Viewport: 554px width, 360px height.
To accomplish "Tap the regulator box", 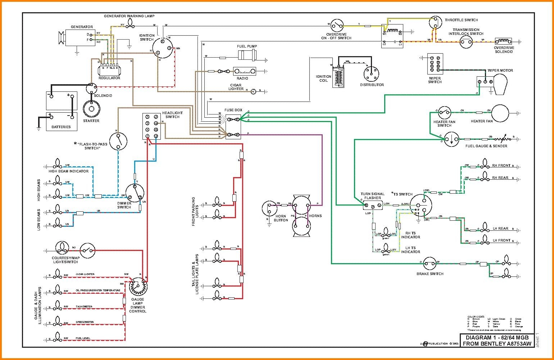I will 109,67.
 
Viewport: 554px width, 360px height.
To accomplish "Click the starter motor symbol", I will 91,109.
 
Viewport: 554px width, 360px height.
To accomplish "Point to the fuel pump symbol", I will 248,55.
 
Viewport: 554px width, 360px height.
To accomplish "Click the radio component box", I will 244,71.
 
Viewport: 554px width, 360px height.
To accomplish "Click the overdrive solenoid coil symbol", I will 503,41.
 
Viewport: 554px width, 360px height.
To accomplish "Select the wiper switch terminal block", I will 435,65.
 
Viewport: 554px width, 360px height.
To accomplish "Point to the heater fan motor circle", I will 500,113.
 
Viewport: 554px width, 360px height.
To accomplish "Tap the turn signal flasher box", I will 373,206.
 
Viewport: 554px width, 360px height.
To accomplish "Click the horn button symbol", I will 270,208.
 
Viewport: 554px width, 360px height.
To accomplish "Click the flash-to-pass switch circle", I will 118,141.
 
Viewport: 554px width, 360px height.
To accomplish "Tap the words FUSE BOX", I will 233,110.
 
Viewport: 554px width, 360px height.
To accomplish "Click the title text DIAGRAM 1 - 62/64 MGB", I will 497,338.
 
